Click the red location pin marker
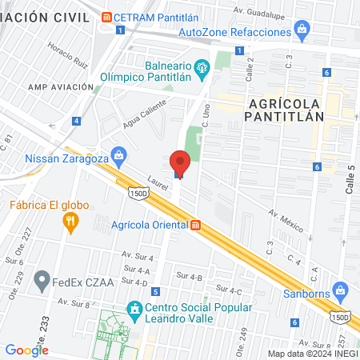click(180, 163)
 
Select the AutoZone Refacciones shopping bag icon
click(302, 31)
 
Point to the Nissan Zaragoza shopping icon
click(118, 153)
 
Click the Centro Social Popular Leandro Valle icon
click(135, 308)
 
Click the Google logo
click(27, 350)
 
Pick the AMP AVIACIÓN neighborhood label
click(62, 86)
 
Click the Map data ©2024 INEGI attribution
click(313, 353)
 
